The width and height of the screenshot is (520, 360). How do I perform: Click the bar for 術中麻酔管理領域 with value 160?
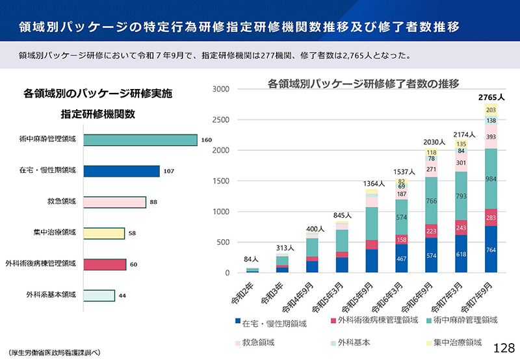(140, 140)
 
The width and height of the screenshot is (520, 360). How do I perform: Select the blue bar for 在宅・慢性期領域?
(122, 171)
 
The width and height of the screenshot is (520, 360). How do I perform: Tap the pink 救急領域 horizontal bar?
(114, 202)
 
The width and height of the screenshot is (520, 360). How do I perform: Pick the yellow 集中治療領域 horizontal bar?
(104, 233)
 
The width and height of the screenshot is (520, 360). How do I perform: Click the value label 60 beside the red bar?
(133, 264)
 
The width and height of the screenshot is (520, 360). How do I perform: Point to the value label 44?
(122, 296)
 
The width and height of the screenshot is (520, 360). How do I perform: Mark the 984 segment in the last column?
(491, 179)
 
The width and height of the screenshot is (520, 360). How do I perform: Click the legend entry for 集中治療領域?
(456, 342)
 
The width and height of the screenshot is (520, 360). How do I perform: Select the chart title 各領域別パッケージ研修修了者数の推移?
(363, 84)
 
